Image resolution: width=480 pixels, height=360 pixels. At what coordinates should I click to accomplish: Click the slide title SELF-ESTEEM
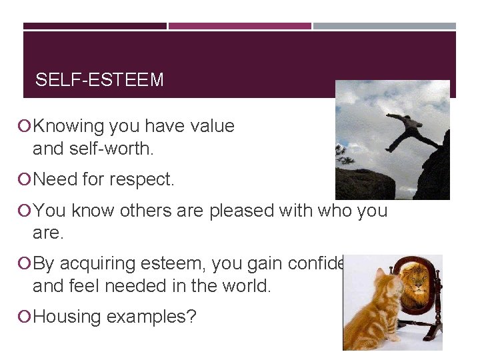(99, 80)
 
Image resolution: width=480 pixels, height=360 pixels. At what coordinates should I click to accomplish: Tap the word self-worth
(112, 149)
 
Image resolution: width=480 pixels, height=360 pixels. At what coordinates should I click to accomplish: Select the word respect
(145, 179)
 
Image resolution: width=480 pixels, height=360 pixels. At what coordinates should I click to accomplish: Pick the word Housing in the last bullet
(64, 317)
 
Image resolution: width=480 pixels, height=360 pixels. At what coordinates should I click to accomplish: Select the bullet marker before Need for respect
(26, 179)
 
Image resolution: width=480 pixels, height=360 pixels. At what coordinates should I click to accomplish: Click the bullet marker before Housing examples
(26, 317)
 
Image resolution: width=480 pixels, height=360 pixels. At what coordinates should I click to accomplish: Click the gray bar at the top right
(385, 26)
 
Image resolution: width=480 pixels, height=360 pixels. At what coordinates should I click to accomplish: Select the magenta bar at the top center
(239, 26)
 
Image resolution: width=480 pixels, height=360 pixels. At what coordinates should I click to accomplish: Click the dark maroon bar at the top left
(95, 26)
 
